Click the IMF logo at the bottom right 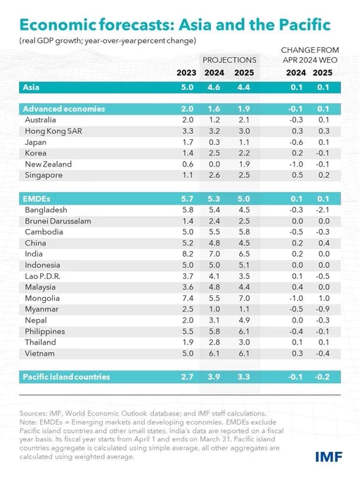[328, 457]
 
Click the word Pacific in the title [305, 25]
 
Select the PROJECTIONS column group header [229, 60]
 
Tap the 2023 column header [186, 72]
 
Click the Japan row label [36, 143]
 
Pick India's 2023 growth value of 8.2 [188, 254]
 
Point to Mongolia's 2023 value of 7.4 [188, 298]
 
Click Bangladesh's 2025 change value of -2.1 [323, 209]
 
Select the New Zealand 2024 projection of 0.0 [214, 164]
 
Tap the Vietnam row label [39, 354]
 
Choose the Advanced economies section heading [64, 109]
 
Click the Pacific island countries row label [66, 377]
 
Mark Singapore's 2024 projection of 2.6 [214, 175]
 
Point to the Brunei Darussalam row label [58, 221]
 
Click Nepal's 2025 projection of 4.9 [244, 321]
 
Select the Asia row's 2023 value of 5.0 [187, 87]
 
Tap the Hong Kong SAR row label [53, 131]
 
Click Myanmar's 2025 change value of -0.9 [323, 309]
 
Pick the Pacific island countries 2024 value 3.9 [214, 377]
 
